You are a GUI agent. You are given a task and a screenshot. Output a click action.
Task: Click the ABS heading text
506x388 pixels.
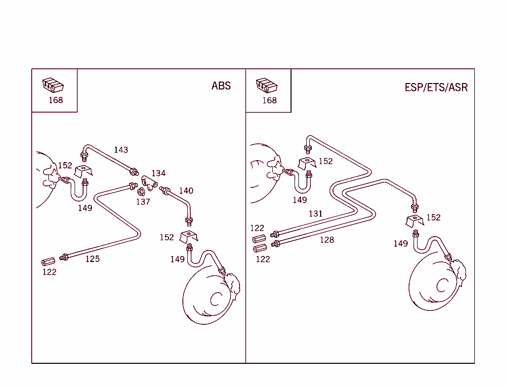coord(221,86)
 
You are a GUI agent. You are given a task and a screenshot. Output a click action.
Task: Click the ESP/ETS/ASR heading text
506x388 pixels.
coord(436,87)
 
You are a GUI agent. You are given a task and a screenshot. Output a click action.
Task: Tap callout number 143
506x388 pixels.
coord(121,150)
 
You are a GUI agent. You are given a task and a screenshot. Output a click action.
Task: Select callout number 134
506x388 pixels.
coord(158,173)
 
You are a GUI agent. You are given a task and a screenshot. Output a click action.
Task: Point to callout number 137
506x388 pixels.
coord(143,202)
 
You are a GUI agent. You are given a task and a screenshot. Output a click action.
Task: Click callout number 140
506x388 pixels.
coord(186,191)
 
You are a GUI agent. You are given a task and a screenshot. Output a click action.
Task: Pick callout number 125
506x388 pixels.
coord(92,259)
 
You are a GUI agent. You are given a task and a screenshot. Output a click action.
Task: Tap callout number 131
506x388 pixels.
coord(315,214)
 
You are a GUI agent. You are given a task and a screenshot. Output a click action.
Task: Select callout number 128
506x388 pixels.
coord(327,240)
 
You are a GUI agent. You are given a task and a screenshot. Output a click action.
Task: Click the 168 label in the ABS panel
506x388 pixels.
coord(55,100)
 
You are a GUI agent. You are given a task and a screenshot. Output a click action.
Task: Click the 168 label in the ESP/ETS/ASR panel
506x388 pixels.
coord(269,100)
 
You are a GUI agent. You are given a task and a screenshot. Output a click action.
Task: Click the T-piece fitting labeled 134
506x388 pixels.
coord(149,182)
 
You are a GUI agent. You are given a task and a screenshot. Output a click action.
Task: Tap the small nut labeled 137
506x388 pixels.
coord(140,192)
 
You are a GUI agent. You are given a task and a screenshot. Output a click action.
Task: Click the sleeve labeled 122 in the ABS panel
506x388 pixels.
coord(47,261)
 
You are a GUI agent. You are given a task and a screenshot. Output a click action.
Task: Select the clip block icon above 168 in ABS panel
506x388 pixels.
coord(53,86)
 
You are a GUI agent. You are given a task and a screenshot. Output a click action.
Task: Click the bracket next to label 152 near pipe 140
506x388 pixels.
coord(188,236)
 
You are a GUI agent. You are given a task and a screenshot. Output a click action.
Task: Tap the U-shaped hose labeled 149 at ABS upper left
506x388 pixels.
coord(78,190)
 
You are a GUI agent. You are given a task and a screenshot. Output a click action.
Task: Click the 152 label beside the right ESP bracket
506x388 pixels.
coord(433,217)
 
